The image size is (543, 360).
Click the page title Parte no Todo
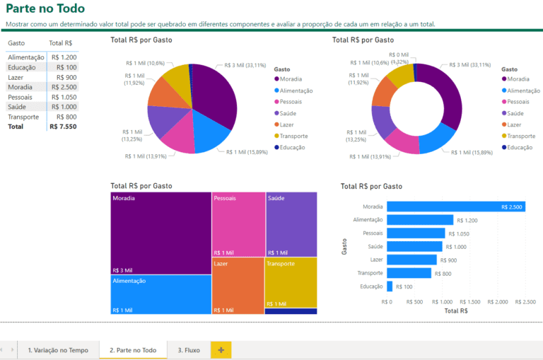pos(45,9)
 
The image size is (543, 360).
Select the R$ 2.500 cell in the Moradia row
pos(63,87)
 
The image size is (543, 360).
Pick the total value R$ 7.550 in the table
pos(62,127)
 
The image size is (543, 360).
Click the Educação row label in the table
pos(23,67)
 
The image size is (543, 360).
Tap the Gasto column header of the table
pos(16,43)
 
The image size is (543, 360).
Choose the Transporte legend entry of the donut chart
pos(521,136)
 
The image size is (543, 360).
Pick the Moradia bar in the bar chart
pos(455,207)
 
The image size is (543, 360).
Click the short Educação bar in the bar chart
pos(390,286)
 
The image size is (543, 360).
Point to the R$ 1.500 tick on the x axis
pos(471,302)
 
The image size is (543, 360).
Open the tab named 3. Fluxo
pos(188,350)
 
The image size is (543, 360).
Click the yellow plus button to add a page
pos(221,350)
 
